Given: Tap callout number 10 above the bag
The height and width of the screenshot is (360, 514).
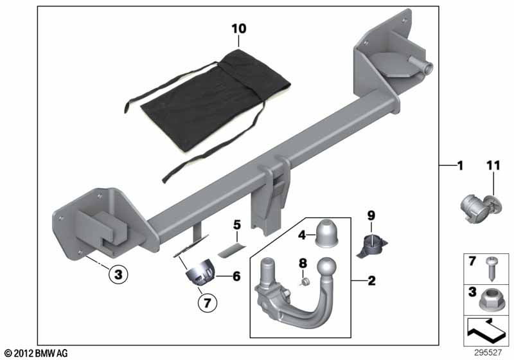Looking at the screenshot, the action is [238, 29].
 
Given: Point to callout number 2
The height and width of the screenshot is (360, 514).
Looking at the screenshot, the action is [371, 281].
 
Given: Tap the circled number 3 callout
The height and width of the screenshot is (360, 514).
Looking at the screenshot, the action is [118, 274].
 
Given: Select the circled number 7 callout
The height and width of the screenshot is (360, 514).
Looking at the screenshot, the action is [207, 303].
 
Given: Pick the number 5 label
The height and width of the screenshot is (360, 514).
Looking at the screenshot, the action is [237, 225].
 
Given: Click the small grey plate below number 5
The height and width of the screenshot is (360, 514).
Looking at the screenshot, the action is [231, 250].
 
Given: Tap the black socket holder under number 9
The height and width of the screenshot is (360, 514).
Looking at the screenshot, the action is [372, 244].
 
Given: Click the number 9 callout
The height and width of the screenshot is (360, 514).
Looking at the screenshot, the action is [371, 215].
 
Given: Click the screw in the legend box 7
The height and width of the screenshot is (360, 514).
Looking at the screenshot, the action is [491, 269].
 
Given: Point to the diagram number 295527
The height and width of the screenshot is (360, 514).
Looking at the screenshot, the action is [488, 353].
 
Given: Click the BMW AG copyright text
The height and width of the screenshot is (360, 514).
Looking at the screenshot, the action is [37, 353].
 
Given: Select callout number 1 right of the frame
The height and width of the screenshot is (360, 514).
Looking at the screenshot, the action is [461, 166].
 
